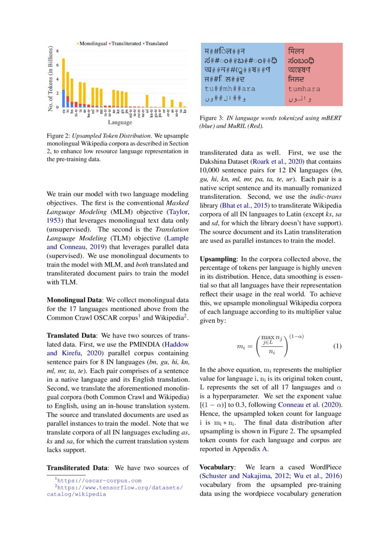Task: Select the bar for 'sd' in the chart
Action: coord(147,101)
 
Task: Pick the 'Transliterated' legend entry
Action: coord(126,44)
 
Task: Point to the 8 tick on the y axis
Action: coord(58,51)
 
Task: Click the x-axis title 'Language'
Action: coord(120,123)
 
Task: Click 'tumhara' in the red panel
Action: coord(304,88)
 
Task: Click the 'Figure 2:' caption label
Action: coord(58,135)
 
